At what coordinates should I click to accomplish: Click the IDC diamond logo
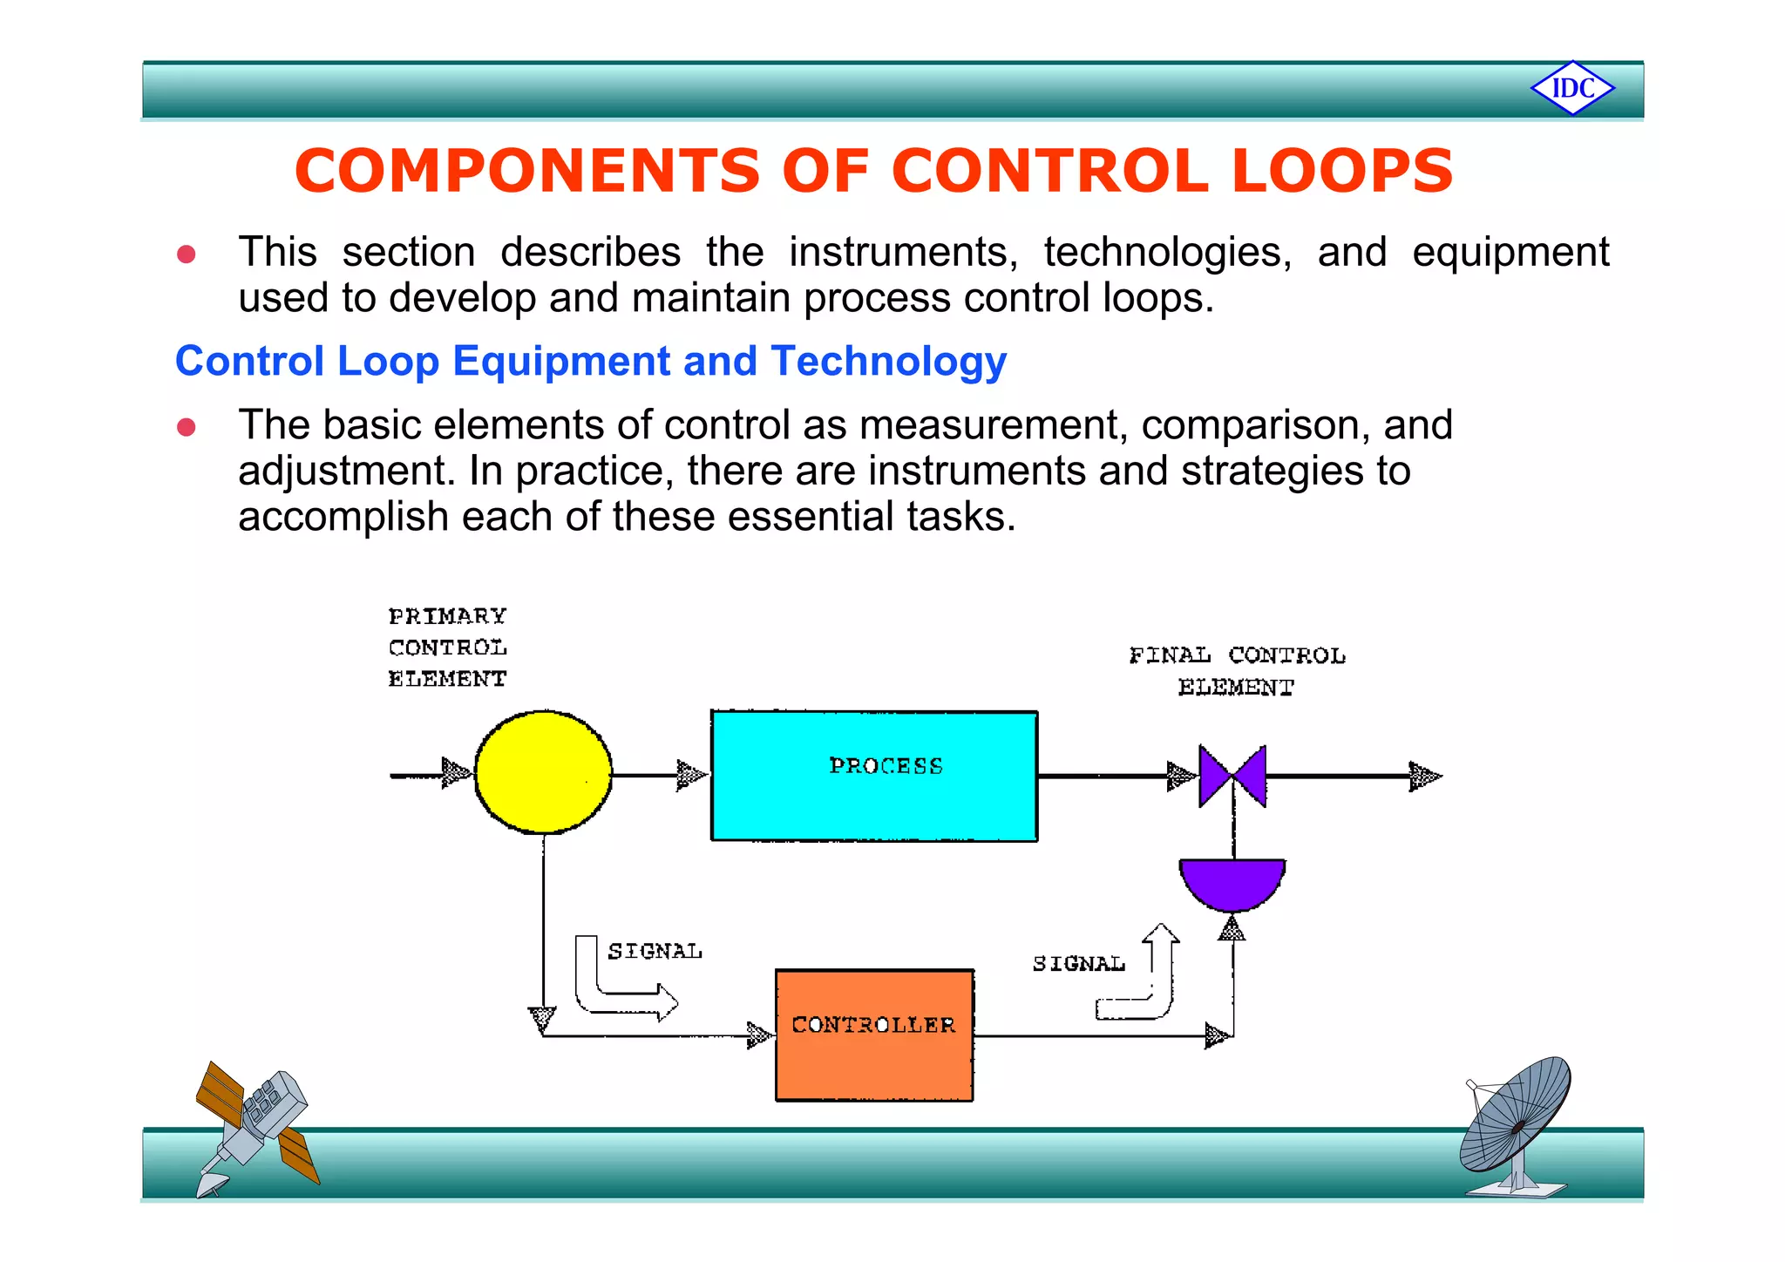point(1572,88)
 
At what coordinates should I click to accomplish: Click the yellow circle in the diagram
point(543,772)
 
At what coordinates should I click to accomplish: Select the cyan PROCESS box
point(874,776)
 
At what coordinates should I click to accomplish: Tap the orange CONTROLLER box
point(874,1035)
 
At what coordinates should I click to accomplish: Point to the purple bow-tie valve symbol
point(1232,775)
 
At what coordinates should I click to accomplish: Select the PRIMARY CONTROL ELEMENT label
point(447,648)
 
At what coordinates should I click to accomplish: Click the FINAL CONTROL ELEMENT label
point(1237,671)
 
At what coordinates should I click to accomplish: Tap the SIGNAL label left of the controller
point(655,951)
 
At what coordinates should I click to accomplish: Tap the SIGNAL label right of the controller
point(1078,963)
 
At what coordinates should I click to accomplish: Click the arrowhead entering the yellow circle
point(457,772)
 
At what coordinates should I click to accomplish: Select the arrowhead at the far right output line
point(1425,776)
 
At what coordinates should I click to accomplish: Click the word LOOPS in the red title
point(1341,171)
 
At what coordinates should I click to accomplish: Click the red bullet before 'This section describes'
point(186,254)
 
